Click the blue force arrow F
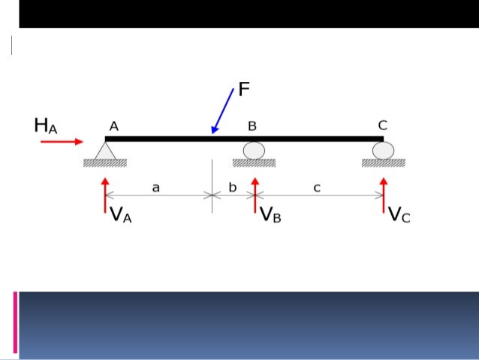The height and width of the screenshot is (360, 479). point(223,111)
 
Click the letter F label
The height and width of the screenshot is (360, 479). point(244,91)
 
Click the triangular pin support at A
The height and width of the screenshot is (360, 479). point(104,151)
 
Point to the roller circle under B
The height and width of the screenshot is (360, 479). point(255,150)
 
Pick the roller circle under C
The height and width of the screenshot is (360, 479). point(383,150)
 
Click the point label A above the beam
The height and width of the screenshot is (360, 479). point(113,126)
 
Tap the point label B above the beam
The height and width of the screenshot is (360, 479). point(252,126)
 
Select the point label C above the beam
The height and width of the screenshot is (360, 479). point(382,126)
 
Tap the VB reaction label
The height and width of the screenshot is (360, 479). point(271,216)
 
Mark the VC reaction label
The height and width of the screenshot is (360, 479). point(399,216)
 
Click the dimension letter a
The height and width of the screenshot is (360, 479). point(156,188)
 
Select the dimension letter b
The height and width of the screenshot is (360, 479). point(232,188)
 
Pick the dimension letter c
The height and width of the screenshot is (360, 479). point(317,188)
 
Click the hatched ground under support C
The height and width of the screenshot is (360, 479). point(383,163)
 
